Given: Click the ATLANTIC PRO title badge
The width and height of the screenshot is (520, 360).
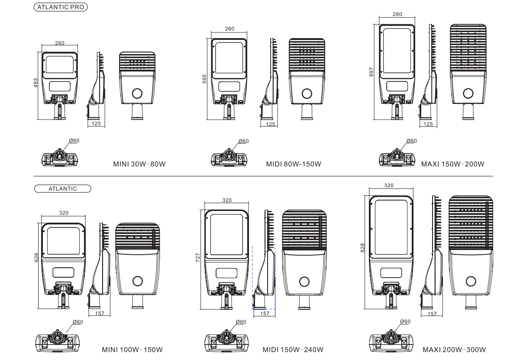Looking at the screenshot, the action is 61,7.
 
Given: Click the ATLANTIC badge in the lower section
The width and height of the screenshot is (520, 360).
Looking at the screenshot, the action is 62,188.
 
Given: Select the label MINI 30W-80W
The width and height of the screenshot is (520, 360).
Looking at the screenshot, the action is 139,164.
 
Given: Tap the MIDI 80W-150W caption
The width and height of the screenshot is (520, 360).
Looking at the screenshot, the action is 294,164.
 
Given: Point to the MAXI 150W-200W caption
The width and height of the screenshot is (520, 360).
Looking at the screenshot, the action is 453,164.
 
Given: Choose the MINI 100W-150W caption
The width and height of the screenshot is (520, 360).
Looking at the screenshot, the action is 132,350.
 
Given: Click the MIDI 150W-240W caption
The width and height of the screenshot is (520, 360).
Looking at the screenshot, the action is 293,350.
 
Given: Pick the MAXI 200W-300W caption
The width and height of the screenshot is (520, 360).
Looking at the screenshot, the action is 454,350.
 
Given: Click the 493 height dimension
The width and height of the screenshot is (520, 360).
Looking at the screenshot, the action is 36,83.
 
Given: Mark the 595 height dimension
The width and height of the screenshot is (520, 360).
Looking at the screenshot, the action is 204,79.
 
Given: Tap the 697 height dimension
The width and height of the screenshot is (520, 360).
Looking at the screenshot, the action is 371,72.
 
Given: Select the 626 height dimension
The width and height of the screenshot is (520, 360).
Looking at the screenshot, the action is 36,257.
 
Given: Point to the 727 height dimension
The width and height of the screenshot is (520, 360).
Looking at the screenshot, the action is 197,258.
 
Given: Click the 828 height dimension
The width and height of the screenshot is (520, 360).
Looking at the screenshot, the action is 362,248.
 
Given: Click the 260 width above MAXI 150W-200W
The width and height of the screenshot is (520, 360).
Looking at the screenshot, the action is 397,14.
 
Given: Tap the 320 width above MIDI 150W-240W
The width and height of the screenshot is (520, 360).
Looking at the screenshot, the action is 227,200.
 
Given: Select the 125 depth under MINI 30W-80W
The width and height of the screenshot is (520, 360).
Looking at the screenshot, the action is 96,123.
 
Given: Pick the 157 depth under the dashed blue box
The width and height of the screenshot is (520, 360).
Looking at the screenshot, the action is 265,313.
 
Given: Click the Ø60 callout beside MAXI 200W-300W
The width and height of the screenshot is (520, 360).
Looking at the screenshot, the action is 405,321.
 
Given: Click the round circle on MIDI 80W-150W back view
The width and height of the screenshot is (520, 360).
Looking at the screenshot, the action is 307,94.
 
